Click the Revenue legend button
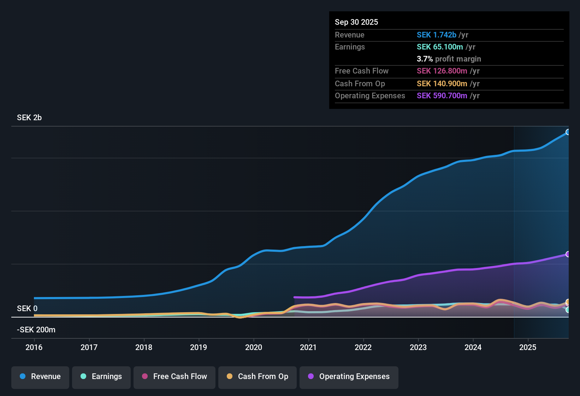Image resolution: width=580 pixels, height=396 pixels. (x=40, y=377)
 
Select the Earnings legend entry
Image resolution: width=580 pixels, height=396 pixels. (x=101, y=377)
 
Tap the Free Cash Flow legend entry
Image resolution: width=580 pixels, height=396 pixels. (x=174, y=377)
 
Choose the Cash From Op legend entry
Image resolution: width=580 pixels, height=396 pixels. (x=258, y=377)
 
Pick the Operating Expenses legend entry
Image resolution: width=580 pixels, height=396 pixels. (x=349, y=377)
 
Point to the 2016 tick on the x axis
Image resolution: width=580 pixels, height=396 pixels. (x=34, y=347)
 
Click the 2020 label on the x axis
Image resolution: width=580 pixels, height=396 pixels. (x=254, y=347)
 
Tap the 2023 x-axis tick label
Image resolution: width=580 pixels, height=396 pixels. (x=418, y=347)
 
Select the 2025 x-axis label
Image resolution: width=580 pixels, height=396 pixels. (x=528, y=347)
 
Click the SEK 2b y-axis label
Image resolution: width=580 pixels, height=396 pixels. (x=29, y=118)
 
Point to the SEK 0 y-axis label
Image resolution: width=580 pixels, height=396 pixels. (x=27, y=308)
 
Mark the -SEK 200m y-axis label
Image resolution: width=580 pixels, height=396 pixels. (x=36, y=330)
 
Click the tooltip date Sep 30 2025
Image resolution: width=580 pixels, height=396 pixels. (x=356, y=22)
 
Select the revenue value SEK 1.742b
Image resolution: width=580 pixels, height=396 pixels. (x=436, y=35)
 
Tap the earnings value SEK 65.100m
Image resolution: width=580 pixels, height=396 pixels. (x=439, y=47)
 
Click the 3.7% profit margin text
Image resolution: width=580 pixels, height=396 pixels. (x=449, y=59)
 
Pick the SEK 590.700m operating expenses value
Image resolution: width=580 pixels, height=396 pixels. (x=442, y=95)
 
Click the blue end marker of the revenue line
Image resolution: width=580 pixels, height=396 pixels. (x=568, y=132)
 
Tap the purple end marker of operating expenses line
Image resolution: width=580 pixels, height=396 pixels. (x=568, y=254)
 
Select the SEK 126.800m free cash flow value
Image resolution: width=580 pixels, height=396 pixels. (x=442, y=71)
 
